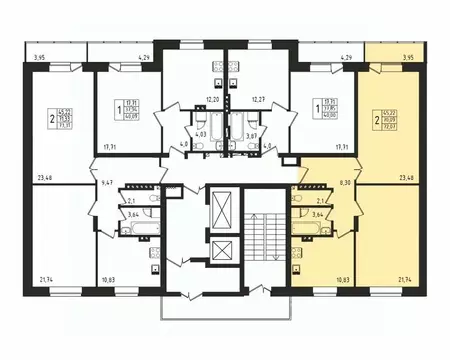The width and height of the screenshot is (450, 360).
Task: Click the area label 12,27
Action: (x=258, y=100)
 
